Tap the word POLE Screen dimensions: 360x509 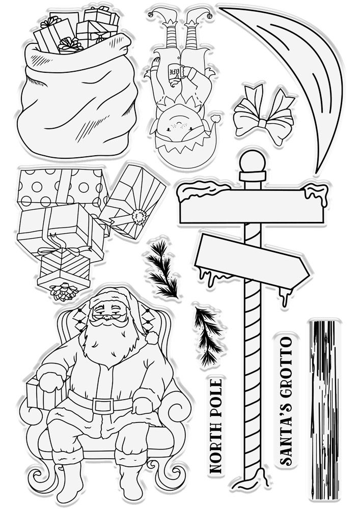(216, 399)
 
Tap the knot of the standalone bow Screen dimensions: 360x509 (262, 123)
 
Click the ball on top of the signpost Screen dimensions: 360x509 (253, 161)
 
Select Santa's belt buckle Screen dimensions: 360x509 (103, 406)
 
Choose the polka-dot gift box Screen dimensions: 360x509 (62, 189)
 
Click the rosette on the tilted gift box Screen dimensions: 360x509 (140, 217)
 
